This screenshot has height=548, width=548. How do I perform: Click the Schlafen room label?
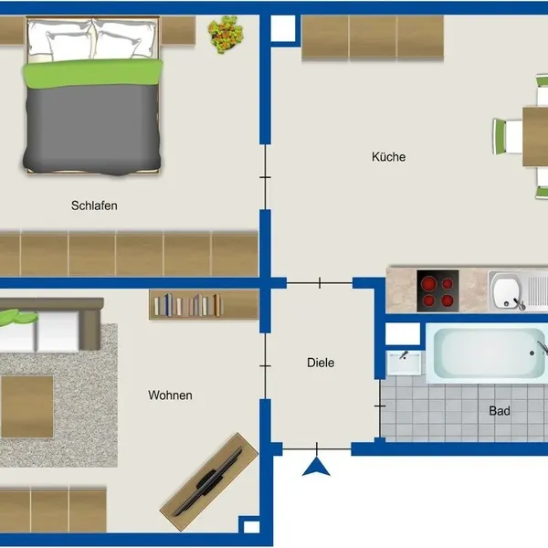(x=94, y=205)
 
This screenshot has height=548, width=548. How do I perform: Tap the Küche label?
(x=389, y=156)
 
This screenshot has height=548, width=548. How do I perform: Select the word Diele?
(x=321, y=363)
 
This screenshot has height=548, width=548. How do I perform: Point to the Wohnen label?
(x=170, y=395)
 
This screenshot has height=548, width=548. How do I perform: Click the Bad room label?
(x=500, y=411)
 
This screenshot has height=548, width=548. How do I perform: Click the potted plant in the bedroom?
(x=226, y=35)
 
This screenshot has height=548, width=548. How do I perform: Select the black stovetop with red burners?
(x=437, y=290)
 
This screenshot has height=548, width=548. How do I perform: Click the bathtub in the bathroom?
(x=487, y=353)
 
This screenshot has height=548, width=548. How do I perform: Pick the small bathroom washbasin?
(x=404, y=363)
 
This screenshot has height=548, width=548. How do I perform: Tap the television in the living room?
(x=209, y=482)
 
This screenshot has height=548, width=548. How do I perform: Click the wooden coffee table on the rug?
(x=27, y=406)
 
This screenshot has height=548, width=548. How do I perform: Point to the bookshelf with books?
(x=204, y=304)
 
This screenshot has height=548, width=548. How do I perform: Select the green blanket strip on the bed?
(x=93, y=73)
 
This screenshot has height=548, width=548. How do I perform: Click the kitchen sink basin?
(x=507, y=290)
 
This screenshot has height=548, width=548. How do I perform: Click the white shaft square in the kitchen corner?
(x=283, y=28)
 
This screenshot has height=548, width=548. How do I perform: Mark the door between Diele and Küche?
(x=320, y=283)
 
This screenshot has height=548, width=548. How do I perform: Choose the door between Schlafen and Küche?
(x=265, y=177)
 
